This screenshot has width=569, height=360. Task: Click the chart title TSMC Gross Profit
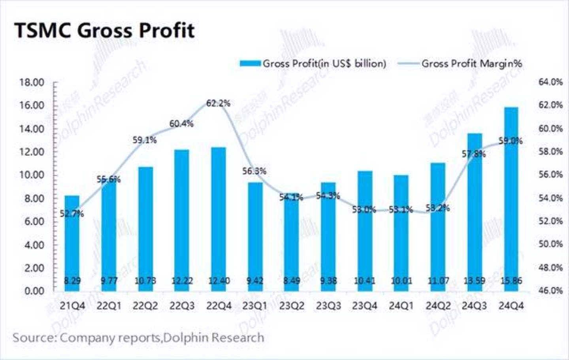click(104, 30)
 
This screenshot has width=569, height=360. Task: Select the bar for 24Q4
click(511, 198)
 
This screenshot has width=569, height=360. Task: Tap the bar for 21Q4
click(72, 243)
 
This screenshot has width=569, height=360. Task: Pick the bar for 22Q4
click(219, 219)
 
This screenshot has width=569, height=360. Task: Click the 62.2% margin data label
click(218, 104)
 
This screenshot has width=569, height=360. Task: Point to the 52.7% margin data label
click(72, 214)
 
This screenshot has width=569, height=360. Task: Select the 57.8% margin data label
click(474, 154)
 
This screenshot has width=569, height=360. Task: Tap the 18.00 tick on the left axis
click(32, 83)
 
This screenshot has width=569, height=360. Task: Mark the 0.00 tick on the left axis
click(34, 291)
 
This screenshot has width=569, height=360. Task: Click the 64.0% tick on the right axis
click(550, 82)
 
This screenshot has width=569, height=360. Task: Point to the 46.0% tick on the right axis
click(550, 291)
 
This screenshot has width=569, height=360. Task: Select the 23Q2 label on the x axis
click(292, 306)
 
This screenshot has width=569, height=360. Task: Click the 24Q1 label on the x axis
click(401, 306)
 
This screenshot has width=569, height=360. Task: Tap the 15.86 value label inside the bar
click(511, 281)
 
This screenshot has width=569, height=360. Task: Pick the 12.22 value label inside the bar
click(182, 281)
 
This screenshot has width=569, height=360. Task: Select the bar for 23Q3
click(328, 237)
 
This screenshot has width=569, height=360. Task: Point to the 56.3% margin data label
click(254, 172)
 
